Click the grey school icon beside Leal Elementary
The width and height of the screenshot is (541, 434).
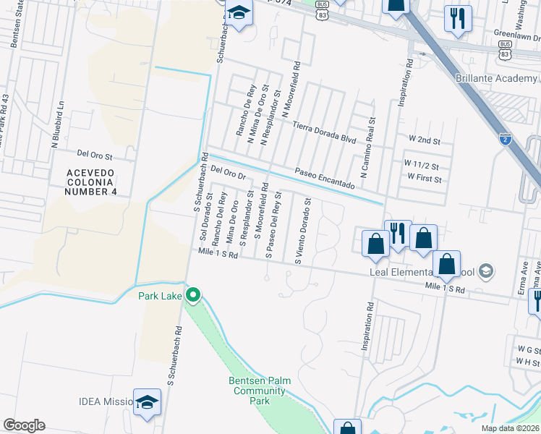coord(486,272)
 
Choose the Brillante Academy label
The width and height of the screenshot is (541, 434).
coord(496,79)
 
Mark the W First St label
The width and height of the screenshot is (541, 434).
coord(425,177)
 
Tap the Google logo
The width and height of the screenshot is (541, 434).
coord(24,425)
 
